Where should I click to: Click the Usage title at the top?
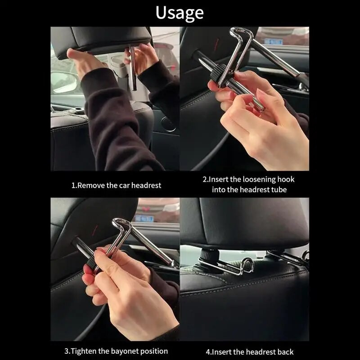tap(180, 13)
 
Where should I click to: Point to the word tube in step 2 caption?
tap(279, 189)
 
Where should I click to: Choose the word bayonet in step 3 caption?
tap(125, 351)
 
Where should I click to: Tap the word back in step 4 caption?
tap(285, 352)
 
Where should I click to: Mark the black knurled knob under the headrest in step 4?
tap(210, 255)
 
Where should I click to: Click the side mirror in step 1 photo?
tap(64, 82)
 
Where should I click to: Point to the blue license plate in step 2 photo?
tap(273, 41)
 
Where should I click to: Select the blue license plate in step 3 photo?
tap(144, 218)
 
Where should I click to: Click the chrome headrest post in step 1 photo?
tap(133, 68)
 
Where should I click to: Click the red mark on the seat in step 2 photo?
tap(216, 44)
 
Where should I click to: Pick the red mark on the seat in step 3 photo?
tap(95, 230)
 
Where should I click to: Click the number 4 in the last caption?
tap(208, 352)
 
